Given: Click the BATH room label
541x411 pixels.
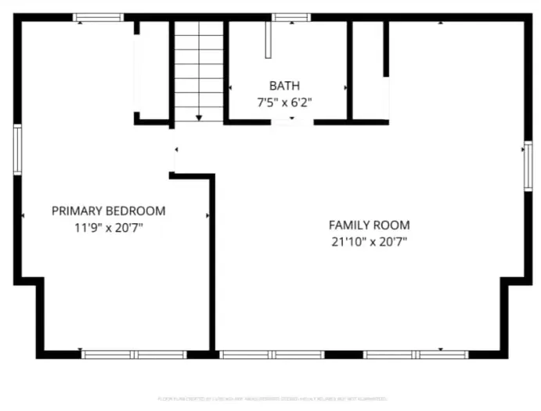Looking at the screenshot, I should (283, 85).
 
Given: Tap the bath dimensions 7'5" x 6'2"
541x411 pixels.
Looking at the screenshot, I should (283, 101).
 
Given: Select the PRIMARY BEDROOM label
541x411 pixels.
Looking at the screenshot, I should (108, 211).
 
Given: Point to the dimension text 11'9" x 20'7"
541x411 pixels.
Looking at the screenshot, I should (108, 227).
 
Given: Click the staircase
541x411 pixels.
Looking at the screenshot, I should (199, 70).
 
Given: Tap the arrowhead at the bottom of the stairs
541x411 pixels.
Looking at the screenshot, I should (199, 117).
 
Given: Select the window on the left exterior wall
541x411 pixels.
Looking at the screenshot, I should (17, 150).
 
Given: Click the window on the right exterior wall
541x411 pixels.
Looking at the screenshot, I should (528, 165).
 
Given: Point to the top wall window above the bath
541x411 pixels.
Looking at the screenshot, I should (290, 17).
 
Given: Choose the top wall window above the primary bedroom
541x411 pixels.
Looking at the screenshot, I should (98, 17).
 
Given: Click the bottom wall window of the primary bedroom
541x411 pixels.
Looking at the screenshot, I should (134, 355).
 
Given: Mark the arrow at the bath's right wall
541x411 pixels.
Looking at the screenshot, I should (345, 88).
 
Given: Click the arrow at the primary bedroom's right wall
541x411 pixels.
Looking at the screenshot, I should (207, 215).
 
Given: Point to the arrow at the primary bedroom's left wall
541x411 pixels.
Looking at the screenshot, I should (23, 215).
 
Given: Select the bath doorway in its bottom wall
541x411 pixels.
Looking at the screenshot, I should (292, 121).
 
